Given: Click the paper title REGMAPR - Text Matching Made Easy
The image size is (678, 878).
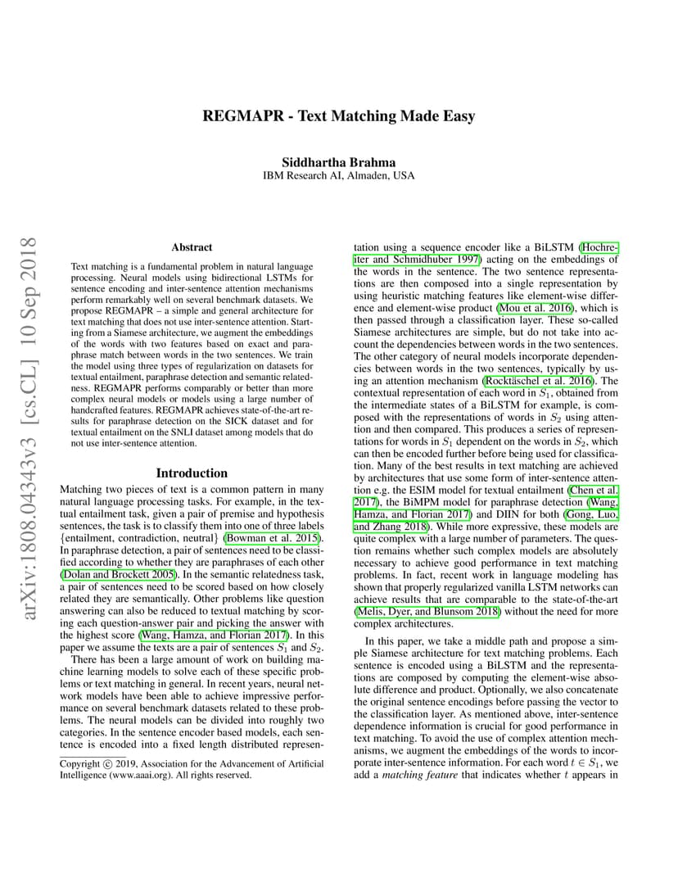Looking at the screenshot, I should pos(338,115).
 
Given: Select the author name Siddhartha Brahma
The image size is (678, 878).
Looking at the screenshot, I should pos(338,162).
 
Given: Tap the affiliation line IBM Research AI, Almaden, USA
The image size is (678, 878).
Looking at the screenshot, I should pos(338,176).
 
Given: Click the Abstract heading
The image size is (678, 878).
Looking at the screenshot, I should pos(192,247).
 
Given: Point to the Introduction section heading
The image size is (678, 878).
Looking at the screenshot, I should pos(192,473).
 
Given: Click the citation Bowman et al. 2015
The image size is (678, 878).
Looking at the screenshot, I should pos(264,537).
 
